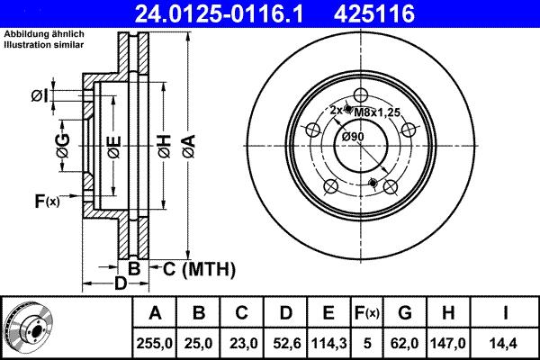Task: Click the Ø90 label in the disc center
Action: coord(352,136)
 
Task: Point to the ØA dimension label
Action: coord(187,145)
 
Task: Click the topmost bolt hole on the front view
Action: coord(361,96)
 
